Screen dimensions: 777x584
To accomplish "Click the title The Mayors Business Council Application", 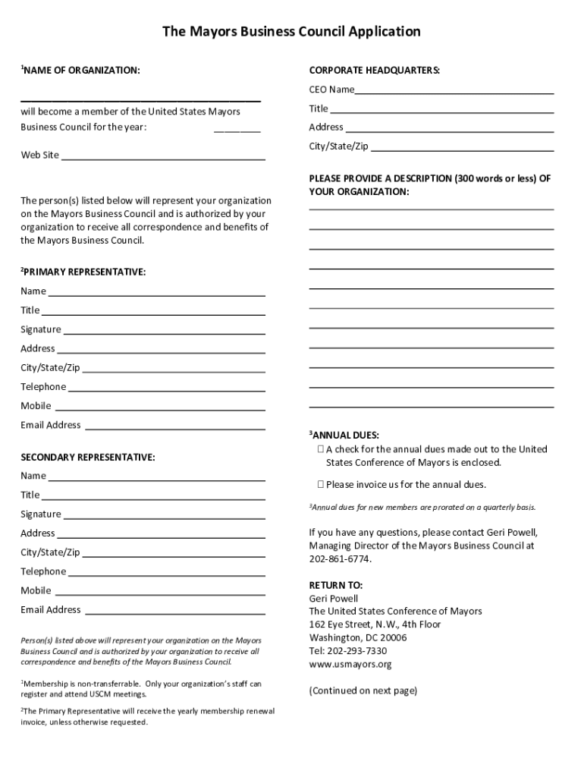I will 291,32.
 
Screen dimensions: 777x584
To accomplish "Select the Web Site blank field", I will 162,156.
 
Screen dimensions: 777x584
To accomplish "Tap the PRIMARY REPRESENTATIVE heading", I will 85,272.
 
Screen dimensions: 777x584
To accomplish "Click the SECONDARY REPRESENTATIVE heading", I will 88,458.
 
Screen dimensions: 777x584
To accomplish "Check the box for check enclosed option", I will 321,449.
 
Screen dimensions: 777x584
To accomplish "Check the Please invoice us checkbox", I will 321,485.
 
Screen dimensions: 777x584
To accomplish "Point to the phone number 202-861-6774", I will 341,559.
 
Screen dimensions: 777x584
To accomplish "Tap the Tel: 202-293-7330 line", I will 348,651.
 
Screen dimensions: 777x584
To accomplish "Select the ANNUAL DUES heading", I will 345,436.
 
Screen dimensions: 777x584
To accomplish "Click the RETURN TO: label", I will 336,585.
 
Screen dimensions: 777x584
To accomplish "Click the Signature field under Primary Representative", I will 163,330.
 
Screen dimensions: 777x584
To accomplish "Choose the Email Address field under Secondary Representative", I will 174,610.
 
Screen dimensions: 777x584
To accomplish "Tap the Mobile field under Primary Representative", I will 159,407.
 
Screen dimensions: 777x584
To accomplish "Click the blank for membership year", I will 237,127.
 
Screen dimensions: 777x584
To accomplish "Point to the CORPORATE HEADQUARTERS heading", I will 375,71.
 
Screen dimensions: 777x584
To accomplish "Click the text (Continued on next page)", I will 363,691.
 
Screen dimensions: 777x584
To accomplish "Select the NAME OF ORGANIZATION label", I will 82,71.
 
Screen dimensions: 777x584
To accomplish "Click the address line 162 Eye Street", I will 375,624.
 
